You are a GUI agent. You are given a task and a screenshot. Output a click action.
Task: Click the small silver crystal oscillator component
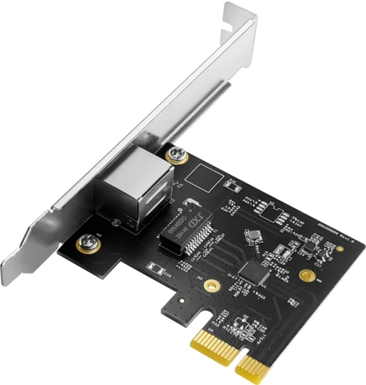point(253,236)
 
